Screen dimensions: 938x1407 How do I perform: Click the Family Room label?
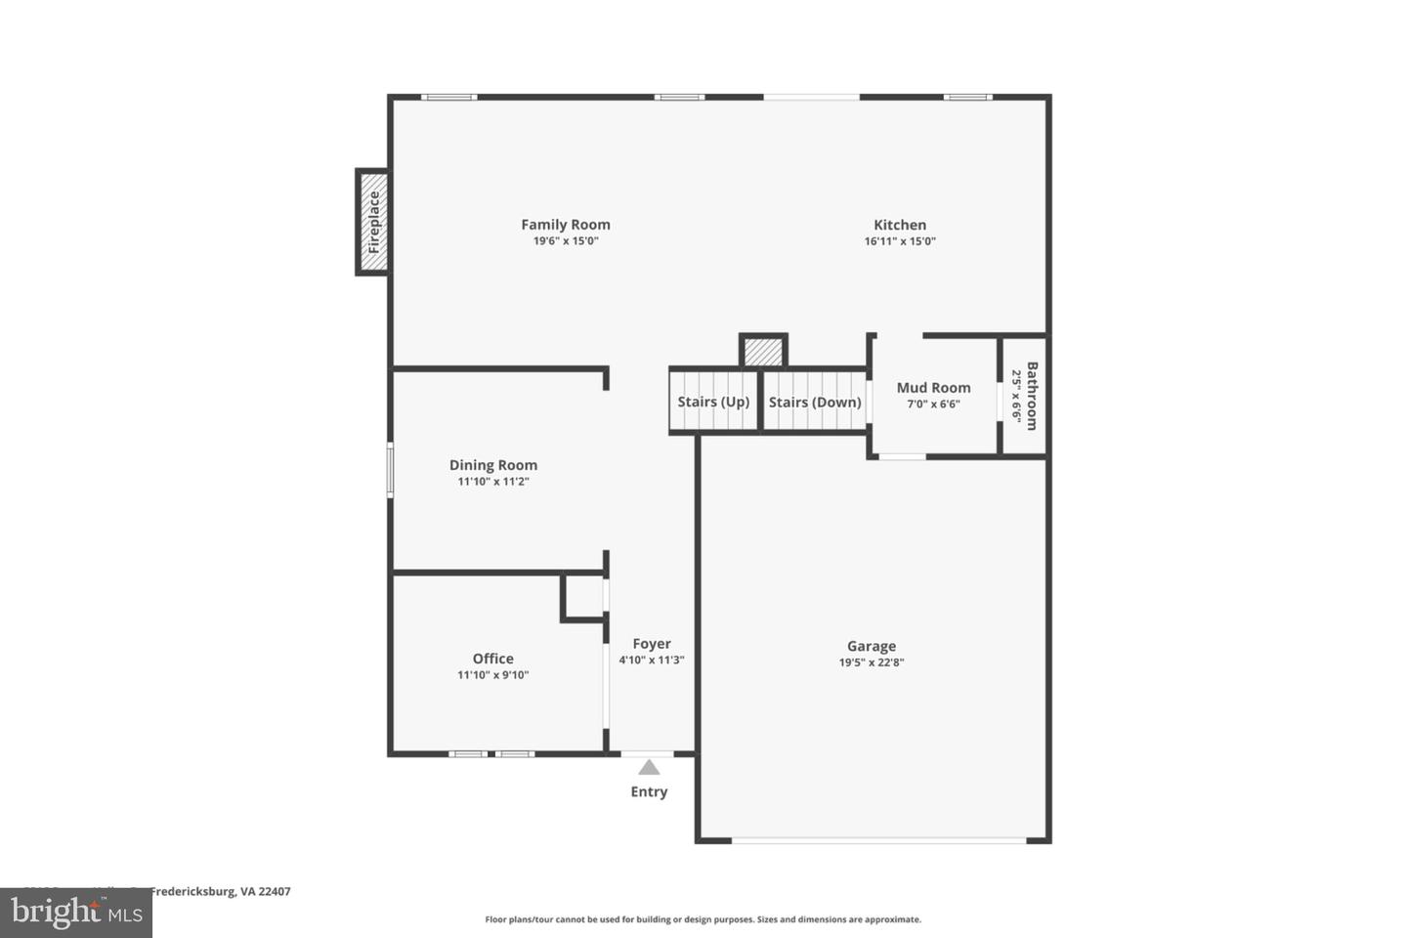[565, 225]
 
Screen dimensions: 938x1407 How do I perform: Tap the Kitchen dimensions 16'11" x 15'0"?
[899, 241]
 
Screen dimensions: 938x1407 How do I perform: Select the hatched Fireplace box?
[372, 222]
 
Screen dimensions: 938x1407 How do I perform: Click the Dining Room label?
[492, 465]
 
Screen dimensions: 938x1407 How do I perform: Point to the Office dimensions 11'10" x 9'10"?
[492, 675]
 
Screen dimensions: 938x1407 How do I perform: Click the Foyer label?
[651, 644]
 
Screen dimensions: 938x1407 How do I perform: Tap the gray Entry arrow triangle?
[649, 768]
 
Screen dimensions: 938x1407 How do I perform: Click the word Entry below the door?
[649, 791]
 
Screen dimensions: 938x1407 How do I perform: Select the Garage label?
[871, 646]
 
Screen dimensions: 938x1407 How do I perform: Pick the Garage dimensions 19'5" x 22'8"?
[871, 662]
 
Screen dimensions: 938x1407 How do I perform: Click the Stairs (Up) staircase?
[713, 401]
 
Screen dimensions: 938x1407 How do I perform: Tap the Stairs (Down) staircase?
[815, 401]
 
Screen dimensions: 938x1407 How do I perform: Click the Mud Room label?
[933, 388]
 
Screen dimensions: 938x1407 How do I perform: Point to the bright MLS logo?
[76, 913]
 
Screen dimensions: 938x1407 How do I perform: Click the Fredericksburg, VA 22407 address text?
[220, 891]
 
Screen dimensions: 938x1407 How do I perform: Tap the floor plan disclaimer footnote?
[703, 919]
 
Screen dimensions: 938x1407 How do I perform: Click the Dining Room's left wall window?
[390, 470]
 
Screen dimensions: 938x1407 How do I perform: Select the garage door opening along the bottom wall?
[878, 840]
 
